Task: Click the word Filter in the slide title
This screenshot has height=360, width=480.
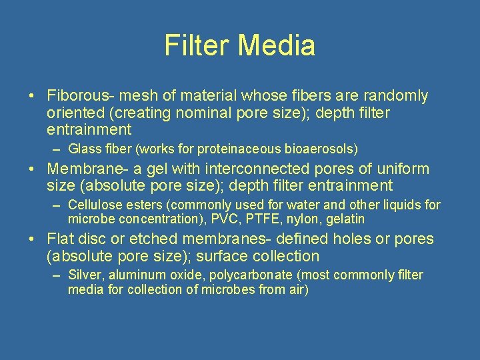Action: click(197, 46)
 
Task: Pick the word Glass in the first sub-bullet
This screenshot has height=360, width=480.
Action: click(82, 148)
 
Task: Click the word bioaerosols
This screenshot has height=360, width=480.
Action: click(326, 148)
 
